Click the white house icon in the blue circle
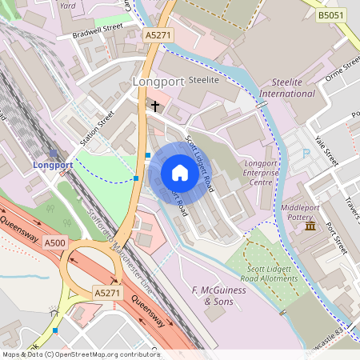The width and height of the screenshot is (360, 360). tap(180, 173)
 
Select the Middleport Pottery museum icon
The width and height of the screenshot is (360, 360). tap(310, 228)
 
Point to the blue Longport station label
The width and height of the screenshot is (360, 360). tap(54, 166)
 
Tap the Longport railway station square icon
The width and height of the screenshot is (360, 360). tap(54, 153)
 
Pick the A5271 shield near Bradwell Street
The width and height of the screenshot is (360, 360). tap(158, 35)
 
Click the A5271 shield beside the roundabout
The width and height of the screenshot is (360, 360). tap(108, 294)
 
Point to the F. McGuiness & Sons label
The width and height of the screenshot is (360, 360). tap(217, 295)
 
